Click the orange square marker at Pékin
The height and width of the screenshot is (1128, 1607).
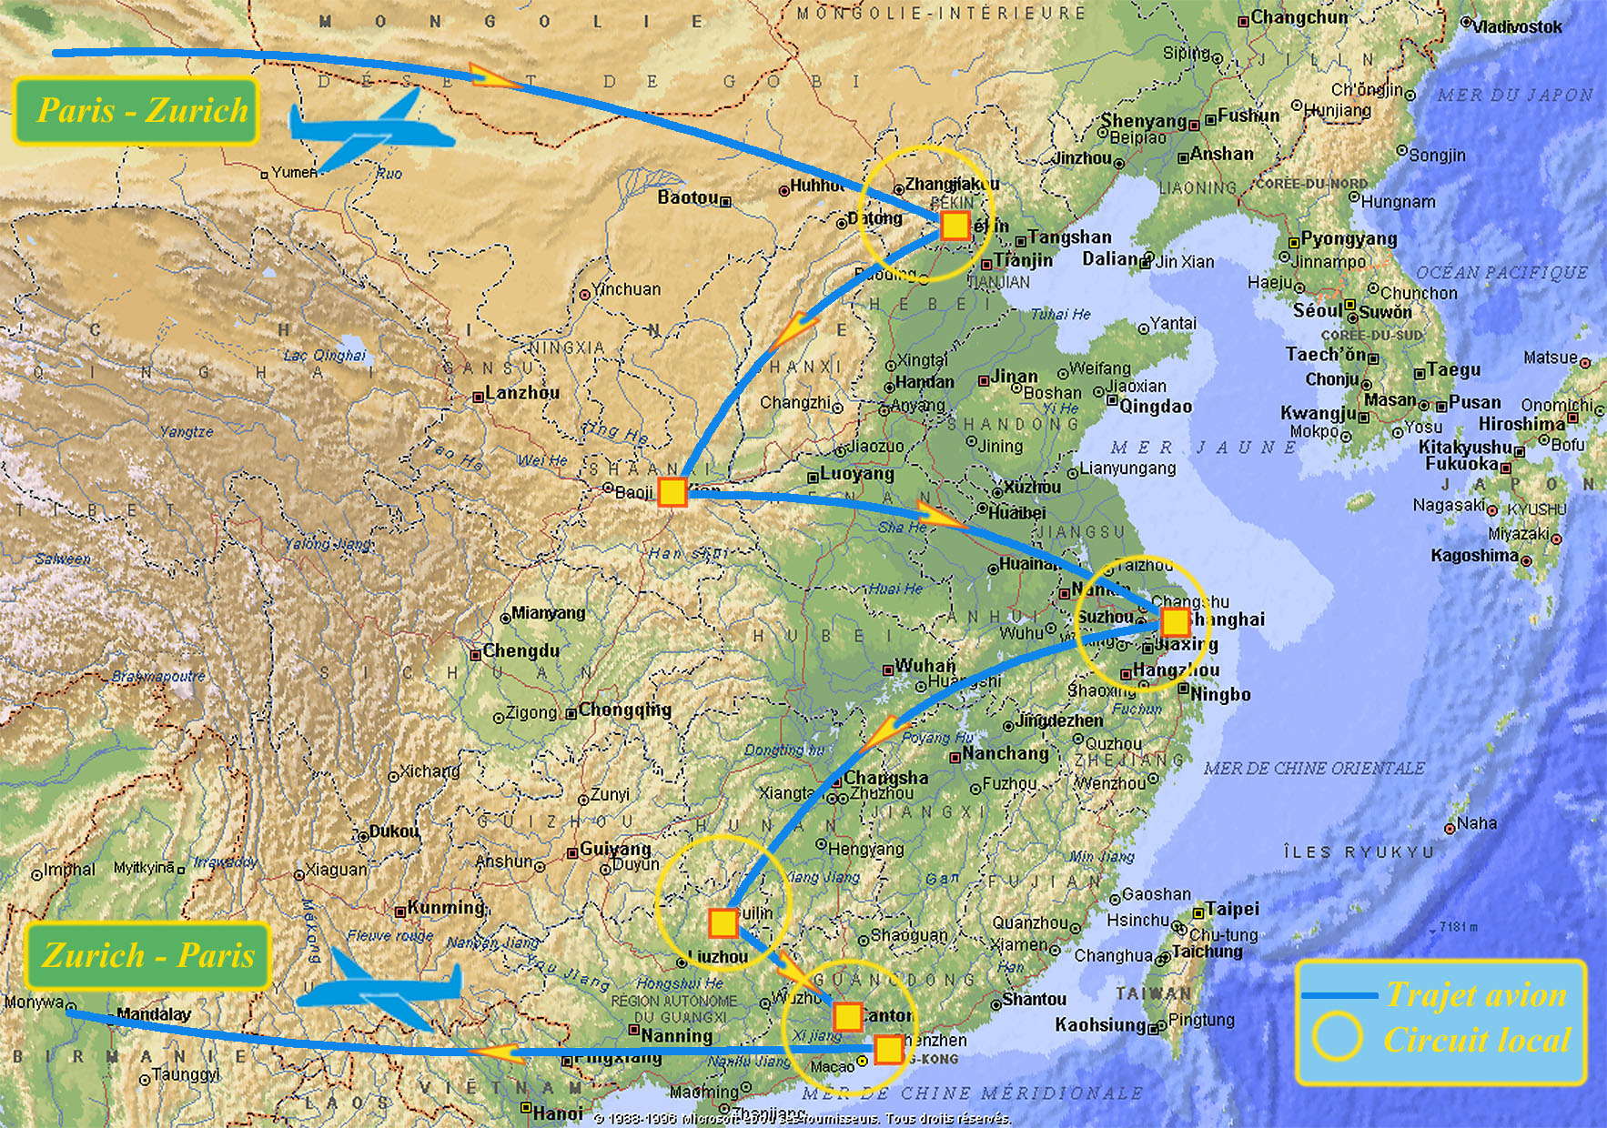[x=955, y=226]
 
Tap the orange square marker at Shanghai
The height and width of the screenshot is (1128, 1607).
[x=1175, y=622]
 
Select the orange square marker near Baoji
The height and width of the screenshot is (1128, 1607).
[x=672, y=492]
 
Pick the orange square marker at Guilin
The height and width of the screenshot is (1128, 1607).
[x=723, y=922]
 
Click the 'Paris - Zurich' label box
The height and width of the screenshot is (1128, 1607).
[x=136, y=111]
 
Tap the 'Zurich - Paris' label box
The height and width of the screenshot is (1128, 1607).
[x=147, y=955]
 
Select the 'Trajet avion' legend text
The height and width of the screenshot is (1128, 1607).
[x=1476, y=995]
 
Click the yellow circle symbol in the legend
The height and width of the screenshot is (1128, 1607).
[x=1336, y=1037]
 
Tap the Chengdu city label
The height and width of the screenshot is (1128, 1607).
[x=521, y=651]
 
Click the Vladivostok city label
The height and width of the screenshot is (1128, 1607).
[x=1517, y=27]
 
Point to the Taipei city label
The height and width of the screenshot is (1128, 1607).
[x=1232, y=909]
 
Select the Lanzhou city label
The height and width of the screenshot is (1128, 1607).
[x=521, y=393]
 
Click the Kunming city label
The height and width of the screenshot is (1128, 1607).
[x=446, y=908]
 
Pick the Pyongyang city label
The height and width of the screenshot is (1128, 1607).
[x=1349, y=239]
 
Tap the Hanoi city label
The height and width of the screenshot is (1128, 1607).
[x=558, y=1113]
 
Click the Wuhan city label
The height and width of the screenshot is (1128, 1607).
[x=925, y=666]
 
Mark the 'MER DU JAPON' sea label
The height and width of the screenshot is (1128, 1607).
[x=1515, y=95]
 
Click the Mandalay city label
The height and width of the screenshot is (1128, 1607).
[x=154, y=1013]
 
